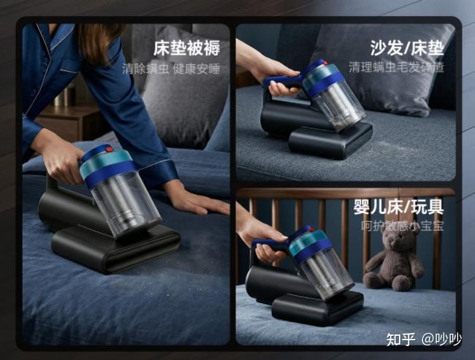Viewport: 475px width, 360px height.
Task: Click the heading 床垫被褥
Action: coord(186,48)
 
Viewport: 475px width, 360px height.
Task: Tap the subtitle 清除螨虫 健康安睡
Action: coord(171,69)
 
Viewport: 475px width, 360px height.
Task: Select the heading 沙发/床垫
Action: coord(407,48)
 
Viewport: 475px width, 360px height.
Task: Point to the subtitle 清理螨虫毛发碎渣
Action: coord(396,67)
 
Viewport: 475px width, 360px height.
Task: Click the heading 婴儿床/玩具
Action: coord(399,207)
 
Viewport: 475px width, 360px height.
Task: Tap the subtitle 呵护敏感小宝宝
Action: coord(403,226)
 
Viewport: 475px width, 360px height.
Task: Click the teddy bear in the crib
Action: coord(393,258)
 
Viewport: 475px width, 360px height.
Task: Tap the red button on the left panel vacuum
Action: coord(109,149)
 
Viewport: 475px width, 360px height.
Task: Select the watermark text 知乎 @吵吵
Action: coord(424,339)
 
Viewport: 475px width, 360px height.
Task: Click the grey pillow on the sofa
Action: coord(379,69)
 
